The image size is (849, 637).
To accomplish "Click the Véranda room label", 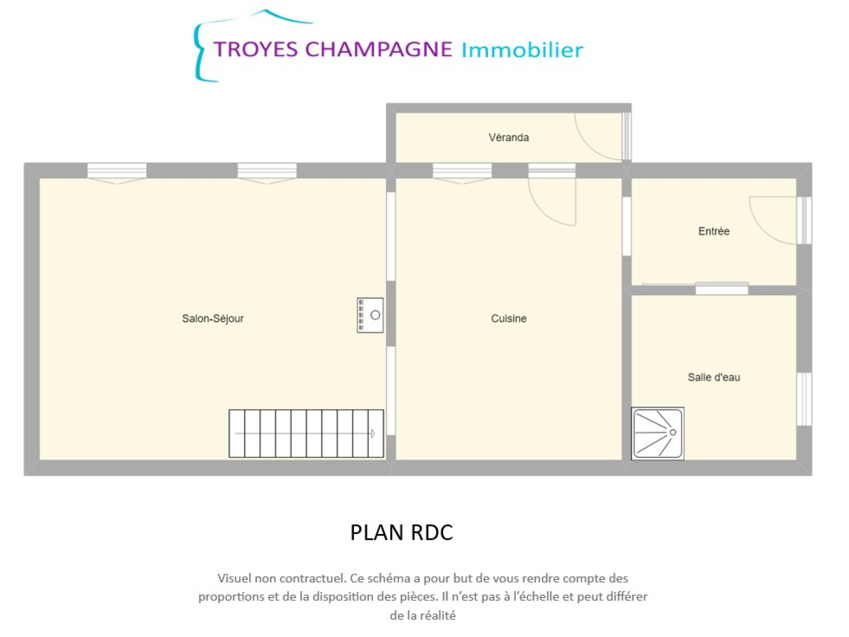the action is click(508, 137).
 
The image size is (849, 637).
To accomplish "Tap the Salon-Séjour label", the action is click(213, 318).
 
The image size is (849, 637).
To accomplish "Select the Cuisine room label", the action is click(509, 318).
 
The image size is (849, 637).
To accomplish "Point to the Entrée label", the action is click(714, 231).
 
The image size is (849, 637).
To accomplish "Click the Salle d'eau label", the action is click(714, 377).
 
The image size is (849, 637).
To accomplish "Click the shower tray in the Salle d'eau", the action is click(657, 433).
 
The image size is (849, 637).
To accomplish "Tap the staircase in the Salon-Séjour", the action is click(306, 434).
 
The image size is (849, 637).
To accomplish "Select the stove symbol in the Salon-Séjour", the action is click(370, 315).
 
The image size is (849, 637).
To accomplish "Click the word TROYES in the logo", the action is click(255, 49).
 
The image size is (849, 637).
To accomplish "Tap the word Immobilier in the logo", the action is click(522, 50).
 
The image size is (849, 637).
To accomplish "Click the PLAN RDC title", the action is click(402, 532).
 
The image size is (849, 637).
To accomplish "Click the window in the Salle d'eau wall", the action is click(804, 399).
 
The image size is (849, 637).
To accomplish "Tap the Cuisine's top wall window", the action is click(462, 170).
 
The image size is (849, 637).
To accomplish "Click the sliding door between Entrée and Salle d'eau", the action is click(722, 289).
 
